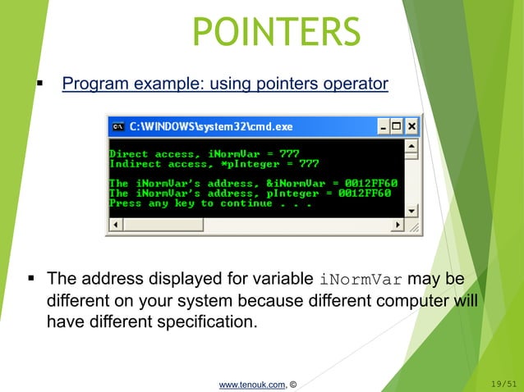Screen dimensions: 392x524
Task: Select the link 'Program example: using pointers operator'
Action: tap(225, 84)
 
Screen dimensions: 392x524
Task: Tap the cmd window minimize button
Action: tap(383, 127)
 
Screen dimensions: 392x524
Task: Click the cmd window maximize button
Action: tap(397, 127)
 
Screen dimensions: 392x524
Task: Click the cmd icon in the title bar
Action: tap(118, 127)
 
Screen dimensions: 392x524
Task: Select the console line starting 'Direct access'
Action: tap(204, 153)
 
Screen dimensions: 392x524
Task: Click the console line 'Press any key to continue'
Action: tap(210, 203)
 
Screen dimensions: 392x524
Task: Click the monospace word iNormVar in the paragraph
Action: tap(361, 279)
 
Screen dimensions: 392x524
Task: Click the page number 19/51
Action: tap(502, 381)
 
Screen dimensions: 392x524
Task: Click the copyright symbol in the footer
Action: tap(293, 381)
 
